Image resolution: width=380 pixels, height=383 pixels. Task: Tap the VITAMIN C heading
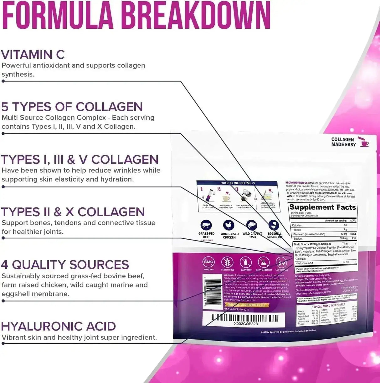tap(33, 55)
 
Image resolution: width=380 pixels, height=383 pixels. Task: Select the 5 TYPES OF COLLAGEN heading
tap(72, 107)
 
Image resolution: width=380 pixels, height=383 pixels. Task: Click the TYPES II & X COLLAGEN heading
tap(73, 212)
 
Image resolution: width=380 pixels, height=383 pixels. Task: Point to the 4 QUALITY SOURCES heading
tap(65, 265)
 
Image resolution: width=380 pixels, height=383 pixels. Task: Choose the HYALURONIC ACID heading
tap(59, 326)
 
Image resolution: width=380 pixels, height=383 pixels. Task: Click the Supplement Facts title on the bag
tap(322, 207)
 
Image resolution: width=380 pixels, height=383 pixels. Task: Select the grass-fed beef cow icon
tap(206, 225)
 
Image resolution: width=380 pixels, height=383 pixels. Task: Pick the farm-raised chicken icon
tap(229, 225)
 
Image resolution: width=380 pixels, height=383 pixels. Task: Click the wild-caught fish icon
tap(252, 225)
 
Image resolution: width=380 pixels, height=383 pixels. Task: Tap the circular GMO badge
tap(208, 262)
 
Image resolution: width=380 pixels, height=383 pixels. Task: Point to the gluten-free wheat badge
tap(227, 262)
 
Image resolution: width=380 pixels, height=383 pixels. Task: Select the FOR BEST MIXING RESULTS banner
tap(237, 183)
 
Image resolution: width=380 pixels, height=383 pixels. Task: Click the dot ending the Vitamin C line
tap(3, 81)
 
